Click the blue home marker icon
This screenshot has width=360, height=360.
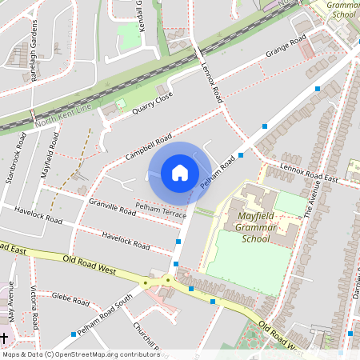pyautogui.click(x=180, y=173)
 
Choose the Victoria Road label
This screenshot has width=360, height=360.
pyautogui.click(x=34, y=308)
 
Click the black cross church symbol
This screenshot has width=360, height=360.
pyautogui.click(x=5, y=338)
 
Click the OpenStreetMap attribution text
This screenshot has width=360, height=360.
pyautogui.click(x=80, y=354)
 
